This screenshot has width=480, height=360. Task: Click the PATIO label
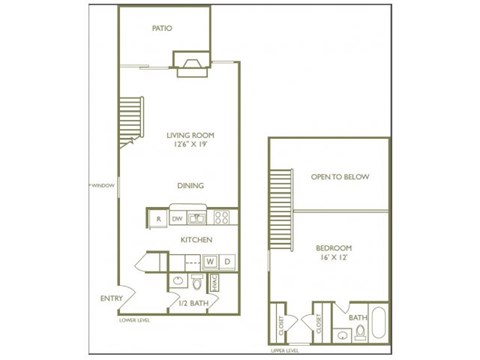click(x=162, y=28)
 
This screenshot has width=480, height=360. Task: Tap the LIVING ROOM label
click(x=190, y=134)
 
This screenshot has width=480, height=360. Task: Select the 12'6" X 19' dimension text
click(x=190, y=145)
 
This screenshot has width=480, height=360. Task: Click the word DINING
click(x=191, y=185)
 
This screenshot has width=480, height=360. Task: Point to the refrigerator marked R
click(x=157, y=217)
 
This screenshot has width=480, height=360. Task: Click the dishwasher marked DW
click(x=177, y=217)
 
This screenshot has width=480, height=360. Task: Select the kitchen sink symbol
click(x=199, y=217)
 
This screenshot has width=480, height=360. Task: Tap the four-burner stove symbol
click(x=223, y=216)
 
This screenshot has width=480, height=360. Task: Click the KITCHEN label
click(x=195, y=240)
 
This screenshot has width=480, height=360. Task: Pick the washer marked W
click(x=211, y=262)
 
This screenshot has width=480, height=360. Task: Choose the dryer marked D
click(x=227, y=262)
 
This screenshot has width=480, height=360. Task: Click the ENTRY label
click(x=112, y=298)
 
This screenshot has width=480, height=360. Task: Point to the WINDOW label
click(x=103, y=186)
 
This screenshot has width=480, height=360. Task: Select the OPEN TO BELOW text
click(x=340, y=177)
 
